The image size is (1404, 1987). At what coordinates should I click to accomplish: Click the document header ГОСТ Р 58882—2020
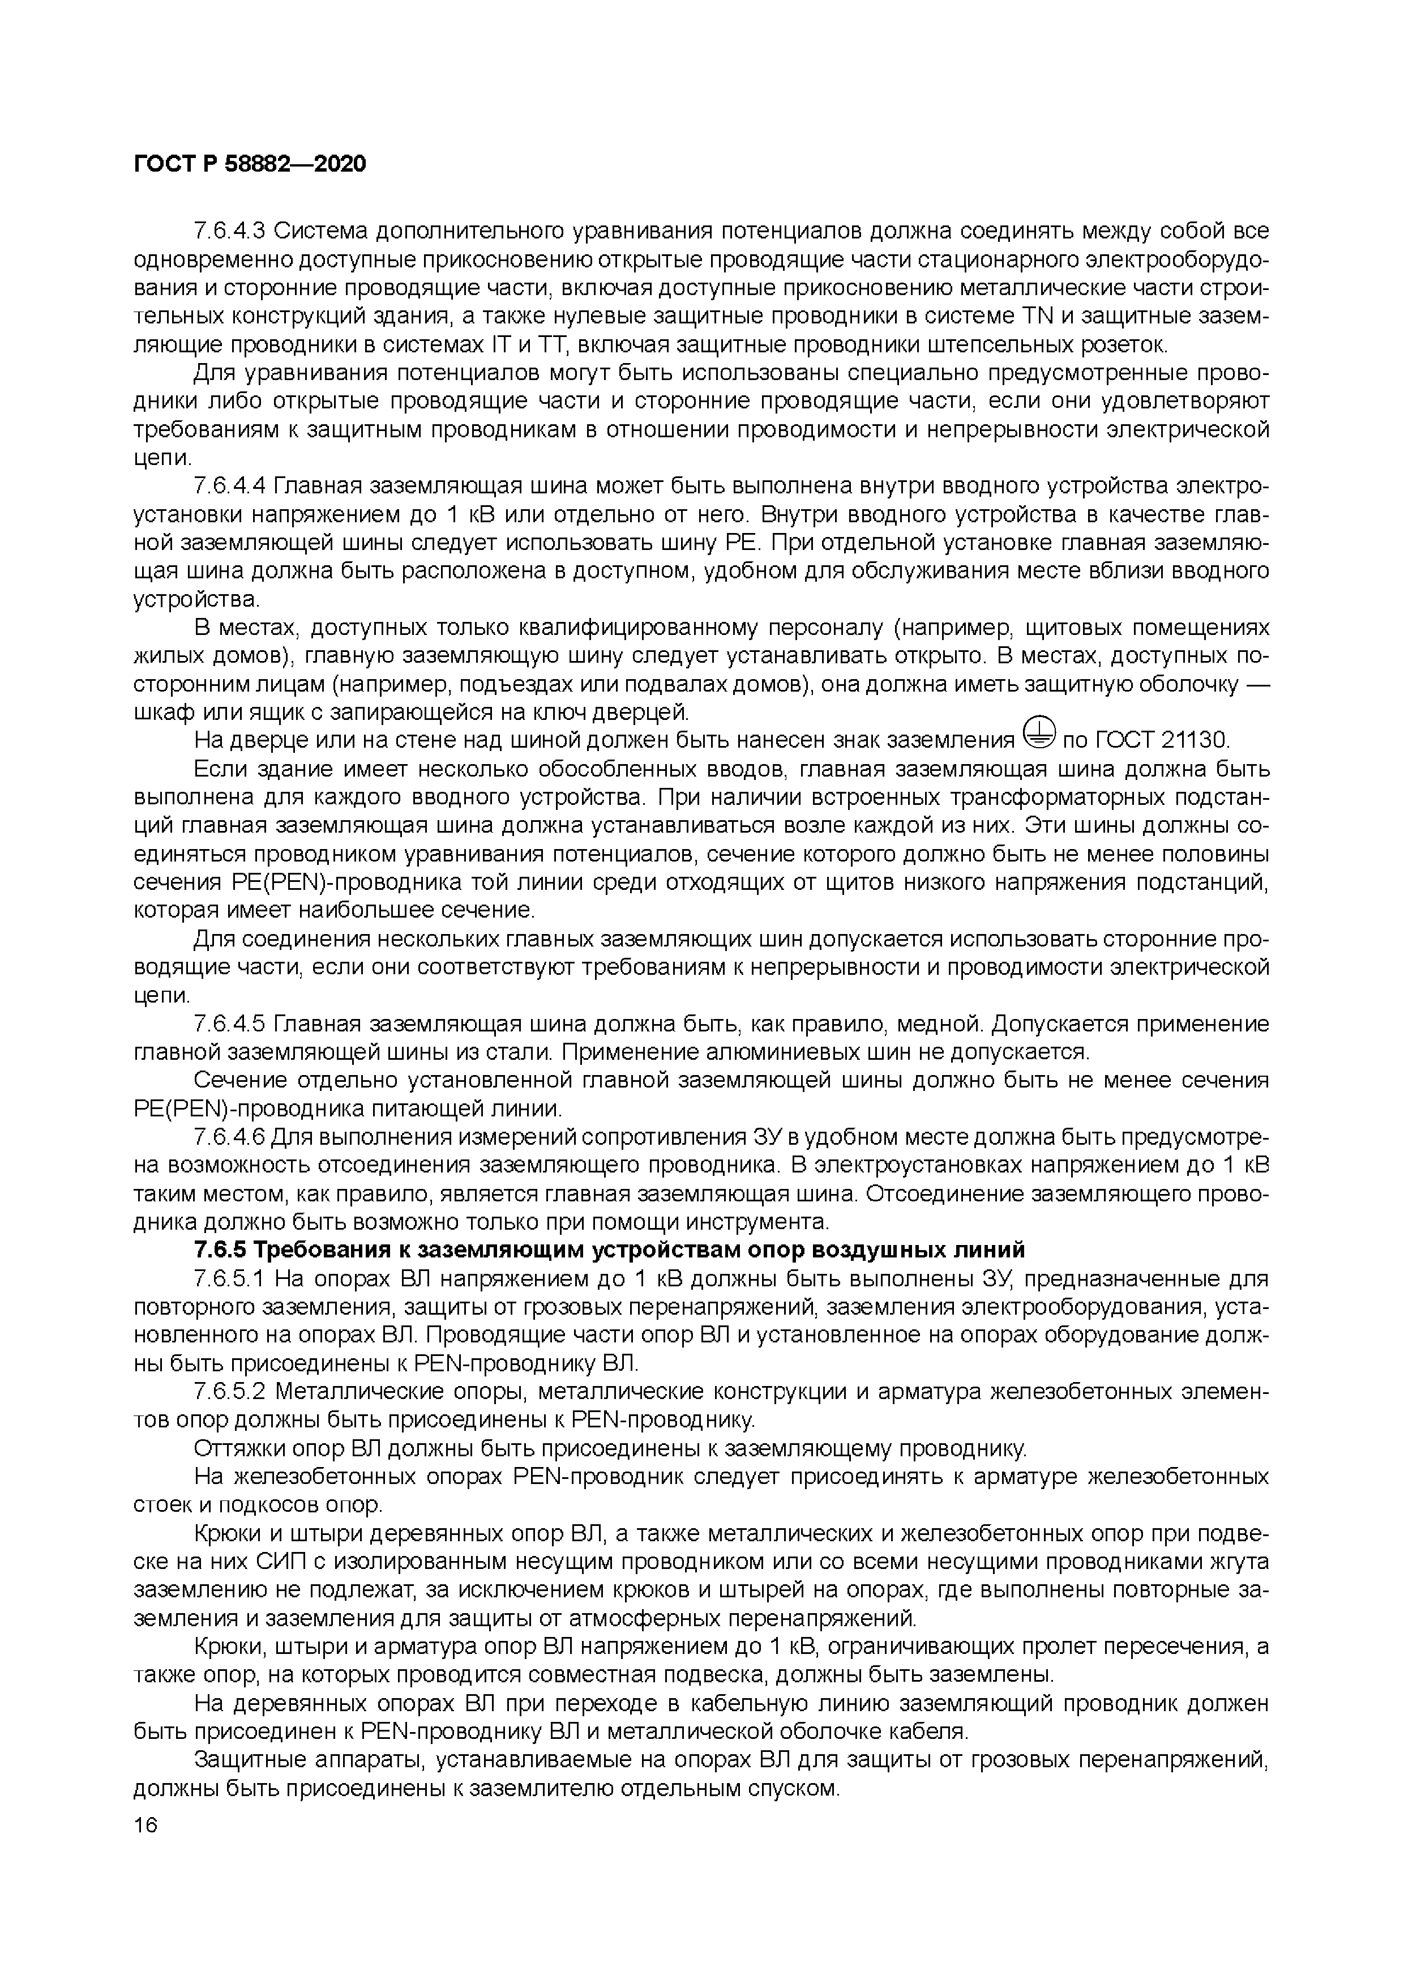[x=250, y=164]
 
